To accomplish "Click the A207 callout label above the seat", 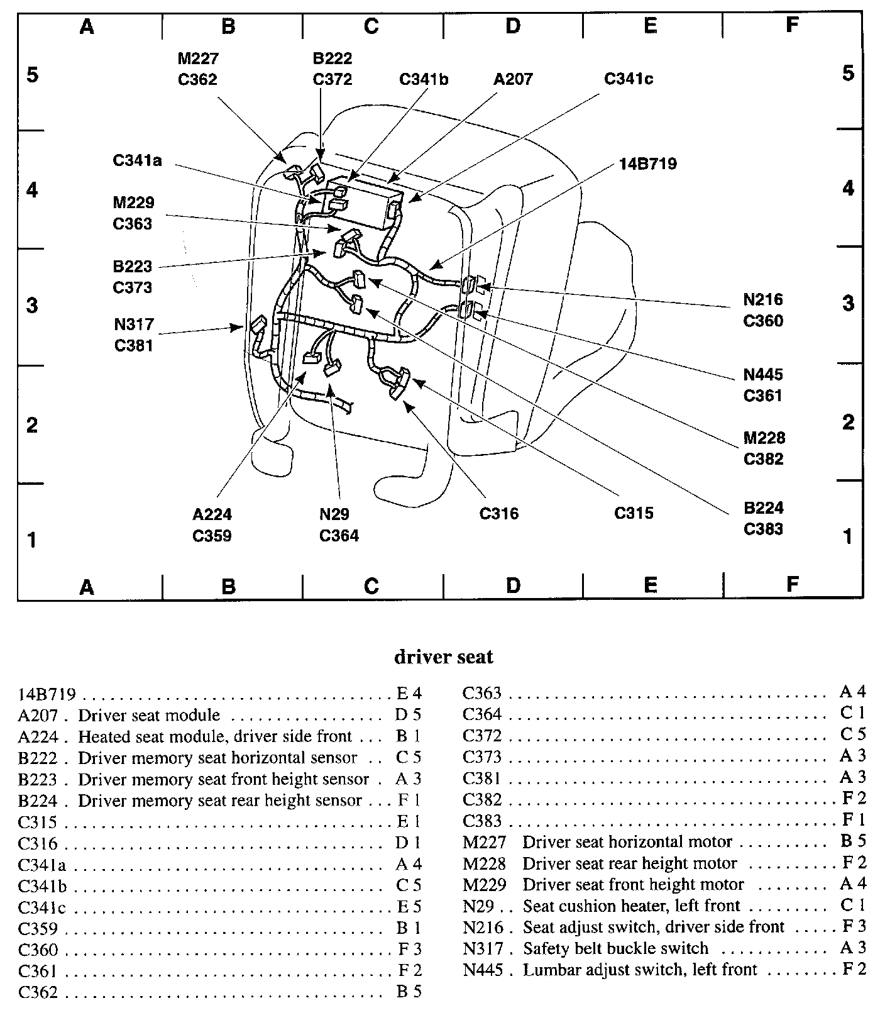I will [x=513, y=79].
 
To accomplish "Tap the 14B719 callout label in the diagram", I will [x=647, y=164].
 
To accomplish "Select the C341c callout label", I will [x=629, y=79].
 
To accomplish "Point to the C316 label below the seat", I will [x=499, y=514].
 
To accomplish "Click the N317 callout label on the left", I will [x=133, y=325].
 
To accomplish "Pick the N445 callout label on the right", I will [x=763, y=375].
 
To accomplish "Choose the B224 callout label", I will [x=763, y=508].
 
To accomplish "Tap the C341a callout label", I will [x=137, y=160].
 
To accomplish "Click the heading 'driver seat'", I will [x=443, y=657].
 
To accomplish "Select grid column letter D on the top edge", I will [x=513, y=26].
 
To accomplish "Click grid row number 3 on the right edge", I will [x=848, y=304].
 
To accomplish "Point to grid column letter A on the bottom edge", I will [x=87, y=587].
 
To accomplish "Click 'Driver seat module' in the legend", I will [x=149, y=716].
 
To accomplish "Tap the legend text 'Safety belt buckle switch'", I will [x=615, y=948].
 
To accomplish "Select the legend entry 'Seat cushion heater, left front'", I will [x=632, y=906].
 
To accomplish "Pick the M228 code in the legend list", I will [x=484, y=864].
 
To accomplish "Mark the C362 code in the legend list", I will [x=38, y=992].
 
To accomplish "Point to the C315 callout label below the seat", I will [x=634, y=514].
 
